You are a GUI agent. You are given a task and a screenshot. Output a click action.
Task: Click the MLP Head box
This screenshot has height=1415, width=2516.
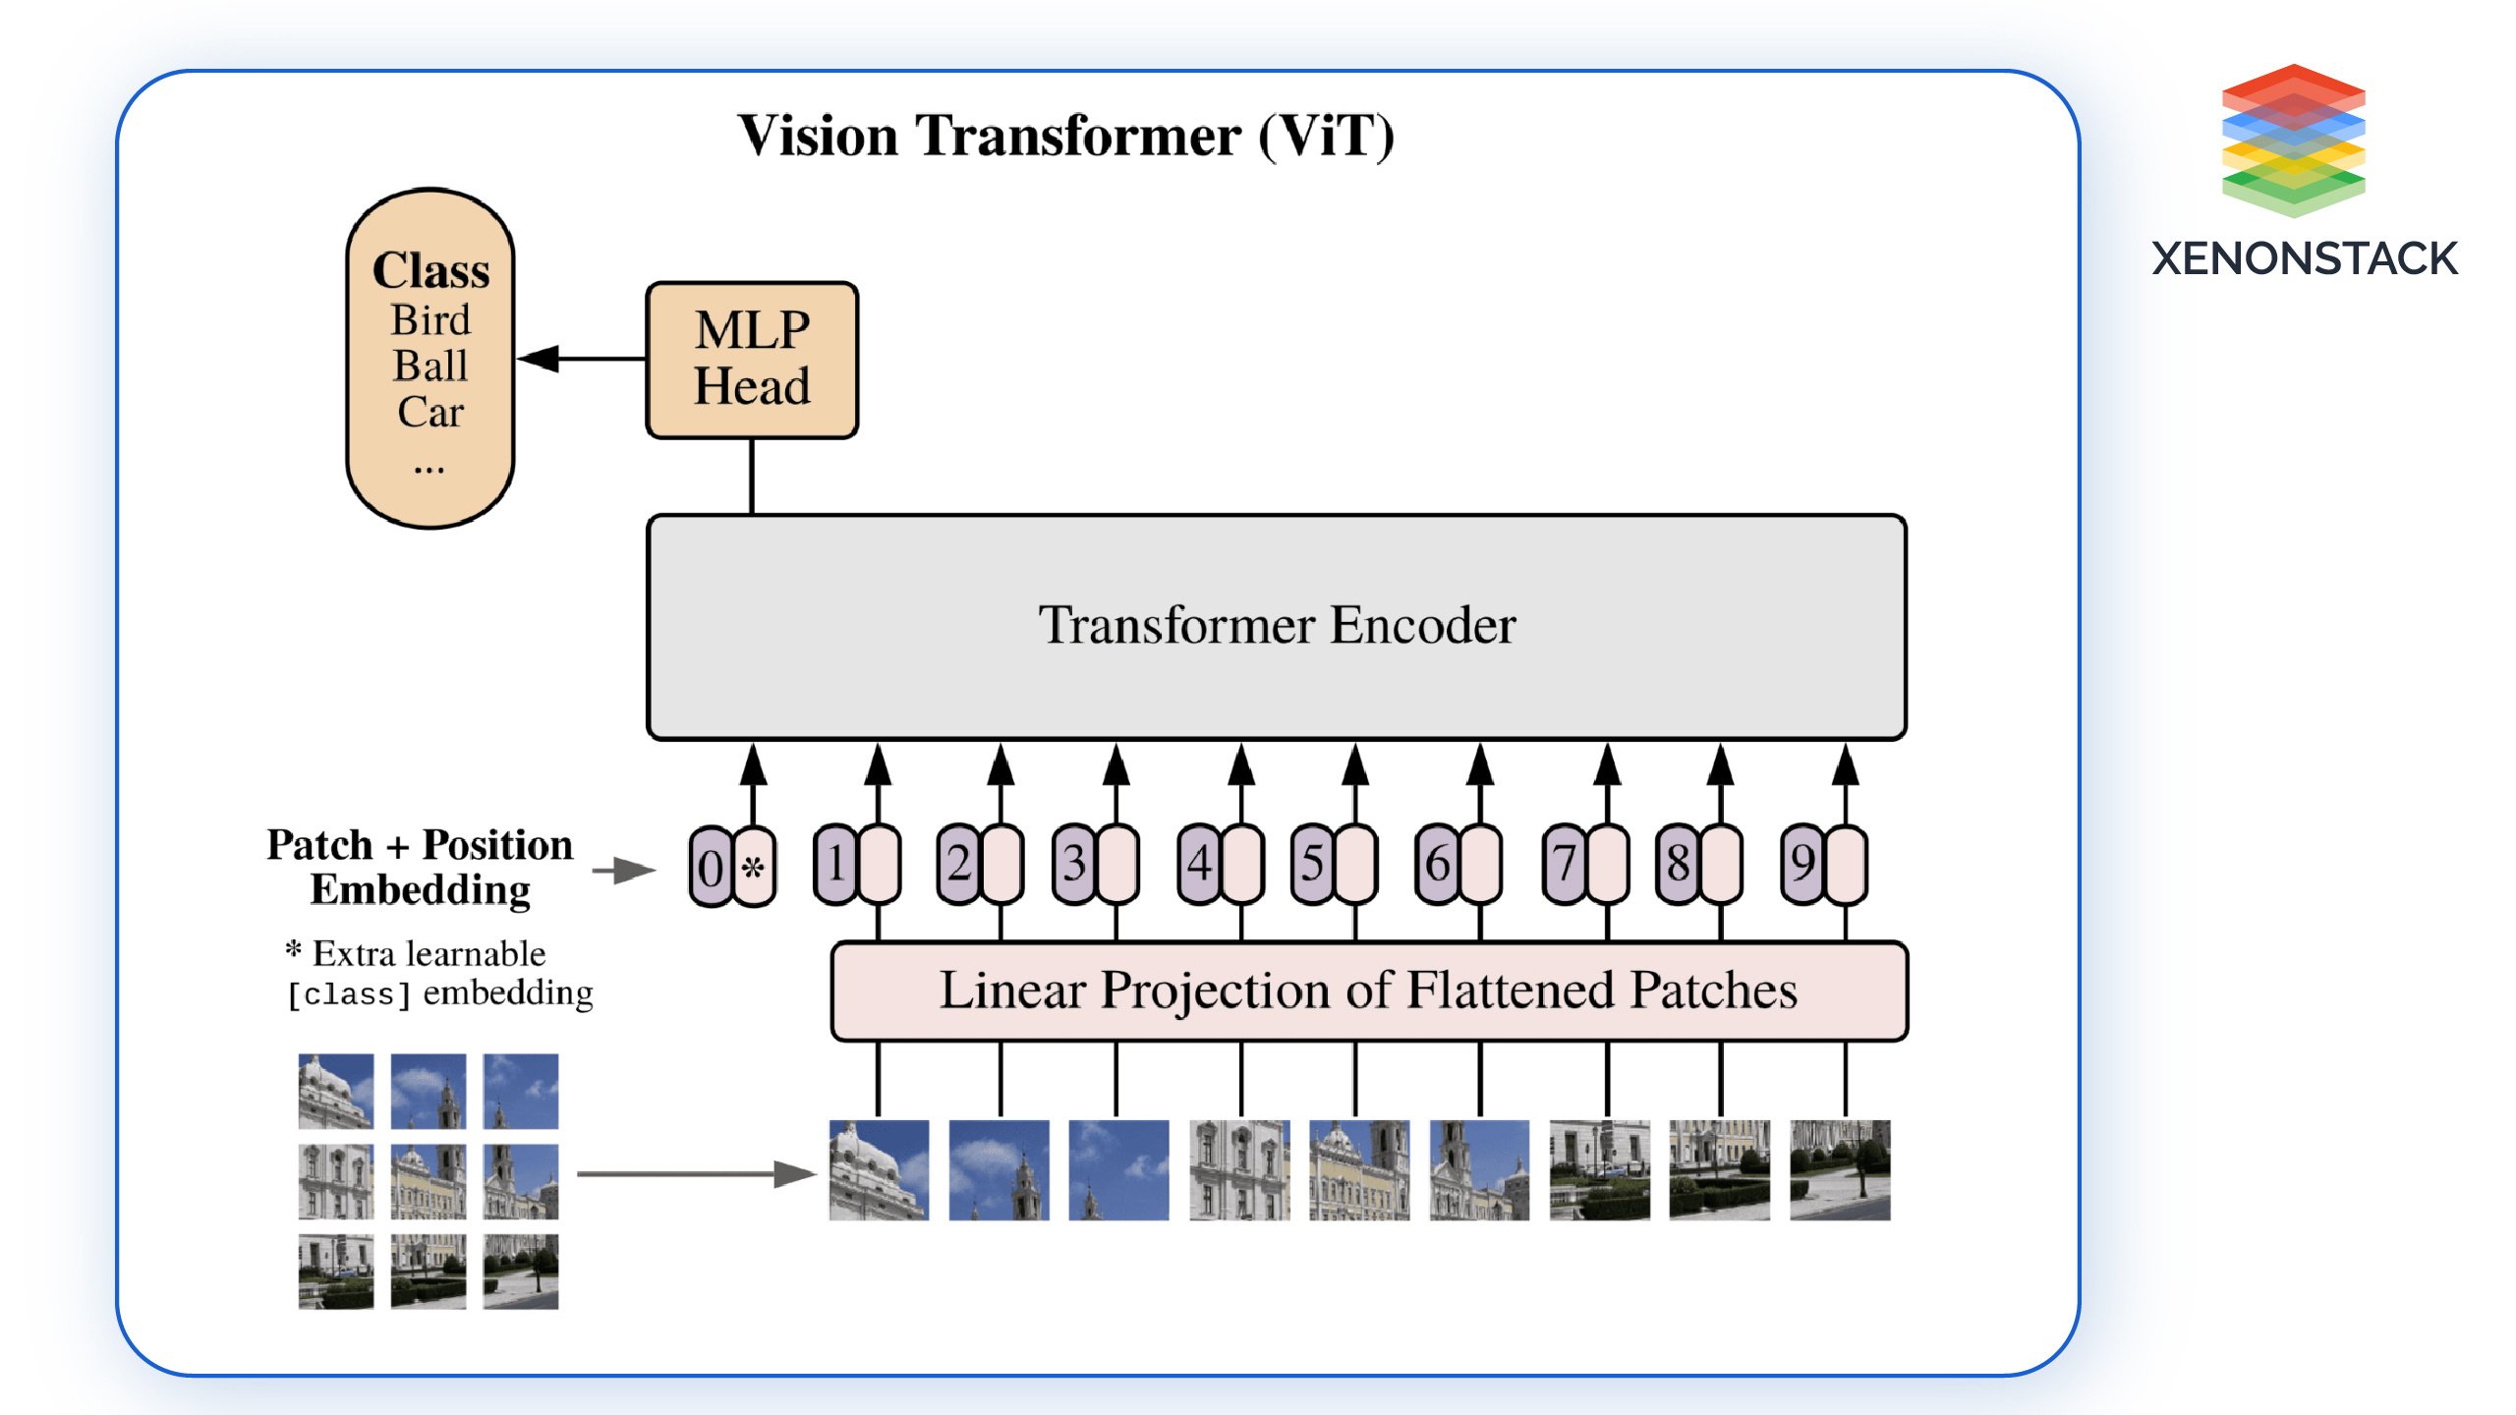(752, 360)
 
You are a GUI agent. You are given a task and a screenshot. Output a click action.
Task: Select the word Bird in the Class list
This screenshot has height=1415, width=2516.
(430, 320)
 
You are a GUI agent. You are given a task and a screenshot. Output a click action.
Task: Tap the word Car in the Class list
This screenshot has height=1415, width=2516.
(430, 412)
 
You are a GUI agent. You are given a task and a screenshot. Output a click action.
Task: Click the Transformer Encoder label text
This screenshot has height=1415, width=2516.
(1277, 625)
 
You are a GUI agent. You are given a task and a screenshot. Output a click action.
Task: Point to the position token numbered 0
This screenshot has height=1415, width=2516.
(711, 867)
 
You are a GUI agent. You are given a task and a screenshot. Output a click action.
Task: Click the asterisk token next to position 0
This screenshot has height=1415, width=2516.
(754, 867)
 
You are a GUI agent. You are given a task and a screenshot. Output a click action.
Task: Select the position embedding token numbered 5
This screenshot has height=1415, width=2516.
(1312, 864)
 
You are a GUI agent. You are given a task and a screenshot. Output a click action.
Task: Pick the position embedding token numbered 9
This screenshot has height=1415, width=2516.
(1802, 864)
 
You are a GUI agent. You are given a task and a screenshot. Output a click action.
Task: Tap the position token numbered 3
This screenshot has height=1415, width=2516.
(1074, 864)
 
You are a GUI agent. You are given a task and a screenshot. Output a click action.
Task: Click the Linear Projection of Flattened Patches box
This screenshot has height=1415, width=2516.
(1368, 990)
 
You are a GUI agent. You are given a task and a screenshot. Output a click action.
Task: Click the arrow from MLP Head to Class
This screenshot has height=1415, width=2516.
(580, 359)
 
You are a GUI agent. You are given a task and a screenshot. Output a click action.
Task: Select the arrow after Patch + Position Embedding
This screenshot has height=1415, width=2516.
(623, 870)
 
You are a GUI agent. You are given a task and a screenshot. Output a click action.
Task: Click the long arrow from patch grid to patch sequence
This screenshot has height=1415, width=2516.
(696, 1173)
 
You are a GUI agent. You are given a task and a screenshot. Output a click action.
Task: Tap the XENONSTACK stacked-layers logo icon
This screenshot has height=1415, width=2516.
(2293, 140)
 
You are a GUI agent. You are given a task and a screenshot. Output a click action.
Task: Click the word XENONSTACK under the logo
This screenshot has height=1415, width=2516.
(2304, 259)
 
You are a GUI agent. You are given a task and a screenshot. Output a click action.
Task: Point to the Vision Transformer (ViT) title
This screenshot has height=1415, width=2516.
(1065, 136)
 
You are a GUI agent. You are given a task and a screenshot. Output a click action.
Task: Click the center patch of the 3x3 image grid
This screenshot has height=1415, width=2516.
(429, 1181)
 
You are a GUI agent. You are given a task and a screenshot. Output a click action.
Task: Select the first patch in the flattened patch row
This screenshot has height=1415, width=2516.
(879, 1170)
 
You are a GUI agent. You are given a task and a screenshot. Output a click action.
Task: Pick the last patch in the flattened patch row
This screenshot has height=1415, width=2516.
(1840, 1170)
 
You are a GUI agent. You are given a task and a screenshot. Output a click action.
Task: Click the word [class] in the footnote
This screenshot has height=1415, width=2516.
(348, 994)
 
